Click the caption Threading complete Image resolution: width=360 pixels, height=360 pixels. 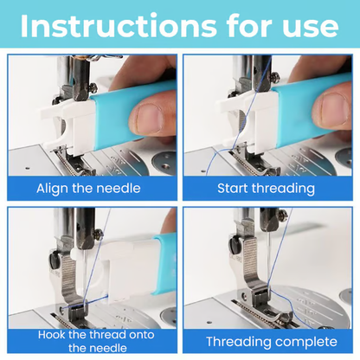(267, 340)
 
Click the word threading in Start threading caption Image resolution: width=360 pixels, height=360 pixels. (286, 188)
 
